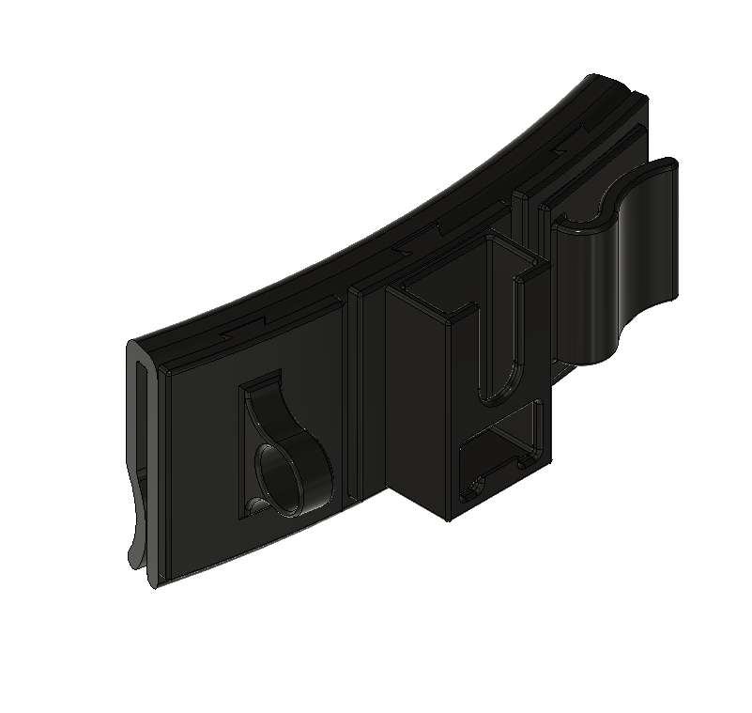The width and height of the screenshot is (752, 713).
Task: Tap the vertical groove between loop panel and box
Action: [x=354, y=395]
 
